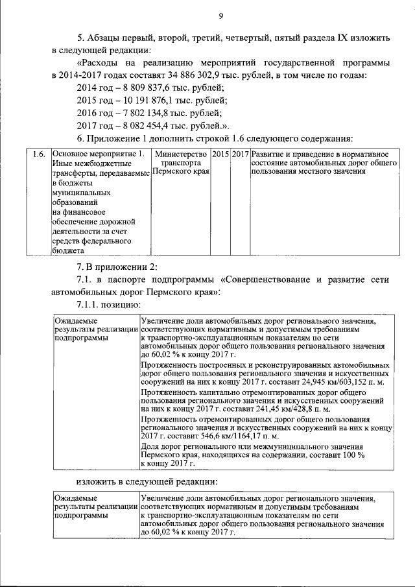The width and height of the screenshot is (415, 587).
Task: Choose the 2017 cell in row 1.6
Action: [x=241, y=154]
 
